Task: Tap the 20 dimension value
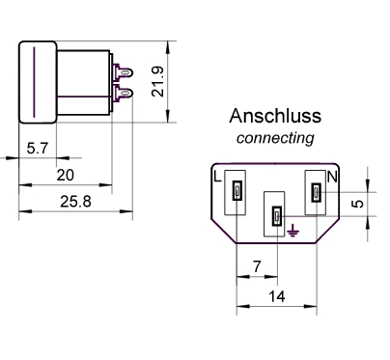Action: click(x=65, y=175)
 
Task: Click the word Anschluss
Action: click(x=275, y=118)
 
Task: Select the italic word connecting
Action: click(x=275, y=138)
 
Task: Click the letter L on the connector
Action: click(x=216, y=177)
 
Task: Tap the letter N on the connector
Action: click(x=332, y=177)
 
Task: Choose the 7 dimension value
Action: click(x=256, y=264)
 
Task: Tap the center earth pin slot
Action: click(x=275, y=217)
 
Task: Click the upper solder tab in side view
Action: click(x=124, y=71)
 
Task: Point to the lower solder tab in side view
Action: click(x=124, y=94)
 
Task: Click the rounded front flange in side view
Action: click(x=37, y=82)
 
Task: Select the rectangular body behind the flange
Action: click(x=81, y=82)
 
